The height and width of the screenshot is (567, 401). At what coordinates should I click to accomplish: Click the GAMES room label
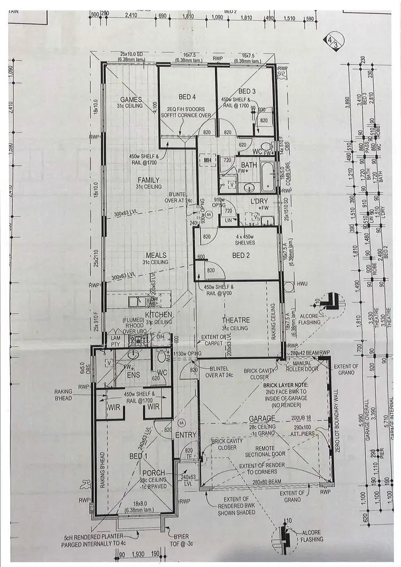click(131, 99)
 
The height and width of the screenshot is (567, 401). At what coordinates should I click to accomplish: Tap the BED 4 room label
click(186, 96)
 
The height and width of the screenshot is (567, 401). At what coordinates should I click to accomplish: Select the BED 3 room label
click(247, 91)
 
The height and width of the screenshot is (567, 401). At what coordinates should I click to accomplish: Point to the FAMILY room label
click(149, 180)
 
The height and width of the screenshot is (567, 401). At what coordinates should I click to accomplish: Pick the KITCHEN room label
click(159, 315)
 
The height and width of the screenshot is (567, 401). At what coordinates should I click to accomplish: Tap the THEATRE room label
click(236, 320)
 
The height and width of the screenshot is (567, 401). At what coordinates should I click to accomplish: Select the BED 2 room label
click(239, 255)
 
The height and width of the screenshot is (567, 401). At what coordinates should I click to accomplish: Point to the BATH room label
click(249, 165)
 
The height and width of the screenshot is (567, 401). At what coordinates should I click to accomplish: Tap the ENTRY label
click(186, 435)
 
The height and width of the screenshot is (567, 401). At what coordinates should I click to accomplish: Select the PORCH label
click(154, 472)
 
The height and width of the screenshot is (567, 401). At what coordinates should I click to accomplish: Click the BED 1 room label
click(137, 456)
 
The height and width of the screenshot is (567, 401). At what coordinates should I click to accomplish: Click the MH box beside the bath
click(207, 160)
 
